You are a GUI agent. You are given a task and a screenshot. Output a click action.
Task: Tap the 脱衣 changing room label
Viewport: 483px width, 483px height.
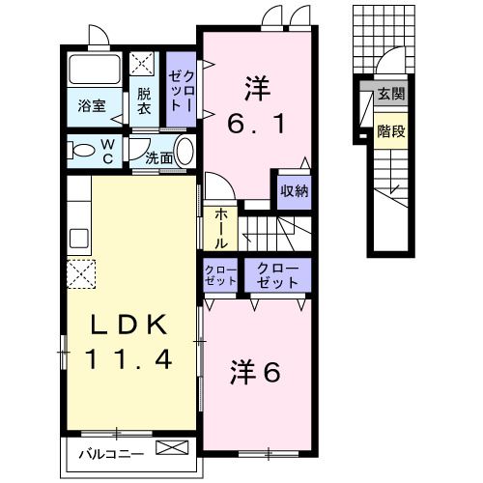[144, 101]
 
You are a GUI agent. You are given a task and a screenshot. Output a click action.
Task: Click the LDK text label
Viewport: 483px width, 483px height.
[128, 323]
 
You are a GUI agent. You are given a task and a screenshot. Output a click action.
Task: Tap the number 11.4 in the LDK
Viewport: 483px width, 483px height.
[128, 360]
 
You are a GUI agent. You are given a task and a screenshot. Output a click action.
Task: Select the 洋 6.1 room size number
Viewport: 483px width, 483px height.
[258, 125]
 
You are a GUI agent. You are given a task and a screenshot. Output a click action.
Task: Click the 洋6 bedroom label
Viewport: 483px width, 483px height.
[256, 371]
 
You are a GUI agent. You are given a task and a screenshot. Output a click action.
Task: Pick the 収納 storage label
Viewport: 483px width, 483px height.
[295, 190]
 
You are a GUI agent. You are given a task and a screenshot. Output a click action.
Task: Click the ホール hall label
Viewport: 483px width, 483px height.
[220, 228]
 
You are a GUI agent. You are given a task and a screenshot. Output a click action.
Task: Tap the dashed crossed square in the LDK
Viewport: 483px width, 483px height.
[82, 274]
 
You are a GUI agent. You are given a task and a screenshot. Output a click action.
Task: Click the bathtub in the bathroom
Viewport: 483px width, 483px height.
[95, 71]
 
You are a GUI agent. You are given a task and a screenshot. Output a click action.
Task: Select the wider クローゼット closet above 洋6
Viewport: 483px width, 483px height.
[277, 274]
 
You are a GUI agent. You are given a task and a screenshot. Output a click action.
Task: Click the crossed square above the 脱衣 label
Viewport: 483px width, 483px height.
[144, 65]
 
